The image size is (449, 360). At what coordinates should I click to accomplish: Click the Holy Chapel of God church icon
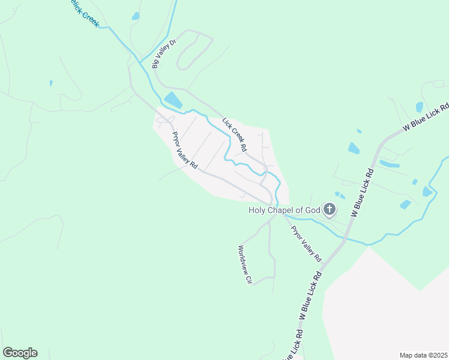(329, 209)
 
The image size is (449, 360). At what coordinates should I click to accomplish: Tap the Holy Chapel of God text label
(285, 210)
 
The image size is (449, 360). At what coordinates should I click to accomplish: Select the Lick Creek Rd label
(235, 134)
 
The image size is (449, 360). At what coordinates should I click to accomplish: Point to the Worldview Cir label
(244, 264)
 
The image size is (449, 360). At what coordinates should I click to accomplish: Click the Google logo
(20, 353)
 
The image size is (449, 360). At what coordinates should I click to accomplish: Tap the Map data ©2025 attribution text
(423, 355)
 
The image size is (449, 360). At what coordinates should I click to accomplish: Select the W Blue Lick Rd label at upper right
(426, 117)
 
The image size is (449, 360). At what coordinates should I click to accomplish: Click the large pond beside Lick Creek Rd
(173, 100)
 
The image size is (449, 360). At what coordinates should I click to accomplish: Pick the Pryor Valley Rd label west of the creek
(184, 150)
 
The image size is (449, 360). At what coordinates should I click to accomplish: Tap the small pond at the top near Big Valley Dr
(136, 16)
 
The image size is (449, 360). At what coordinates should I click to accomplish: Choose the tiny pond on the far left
(51, 83)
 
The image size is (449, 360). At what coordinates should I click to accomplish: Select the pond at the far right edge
(427, 191)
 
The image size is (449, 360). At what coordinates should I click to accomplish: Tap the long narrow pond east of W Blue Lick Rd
(390, 164)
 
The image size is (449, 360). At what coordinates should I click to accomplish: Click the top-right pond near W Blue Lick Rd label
(420, 107)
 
